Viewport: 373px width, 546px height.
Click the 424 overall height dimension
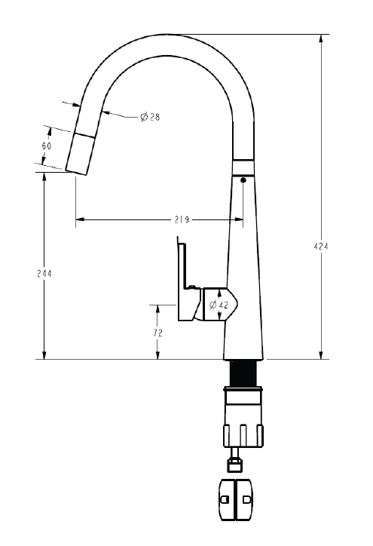pos(322,246)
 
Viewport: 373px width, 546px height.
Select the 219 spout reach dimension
pos(180,220)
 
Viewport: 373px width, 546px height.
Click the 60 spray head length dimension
pos(47,146)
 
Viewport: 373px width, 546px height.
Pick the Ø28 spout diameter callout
pos(149,117)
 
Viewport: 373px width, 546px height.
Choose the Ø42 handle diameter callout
pos(219,305)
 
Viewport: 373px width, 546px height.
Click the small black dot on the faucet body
pos(243,179)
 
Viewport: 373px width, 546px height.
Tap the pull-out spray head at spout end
pos(81,153)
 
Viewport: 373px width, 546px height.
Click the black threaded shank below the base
pos(243,373)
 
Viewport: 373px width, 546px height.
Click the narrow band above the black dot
pos(243,167)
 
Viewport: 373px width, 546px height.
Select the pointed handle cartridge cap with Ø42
pos(225,304)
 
